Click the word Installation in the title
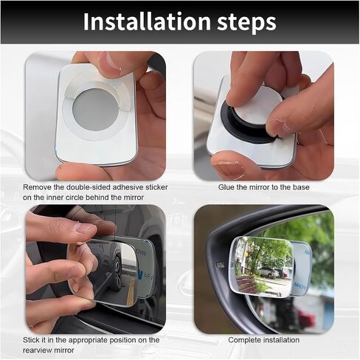147,21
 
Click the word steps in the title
246,24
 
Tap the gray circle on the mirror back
95,110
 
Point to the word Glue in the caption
226,187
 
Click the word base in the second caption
301,187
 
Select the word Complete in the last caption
244,340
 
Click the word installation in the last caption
281,340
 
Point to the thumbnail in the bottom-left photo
84,228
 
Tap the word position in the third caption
124,340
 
